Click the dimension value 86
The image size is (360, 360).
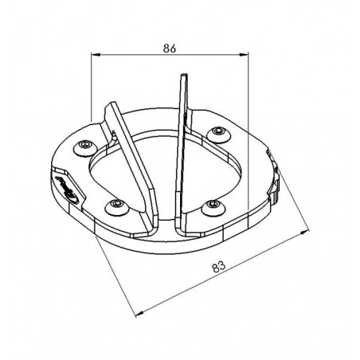(x=170, y=48)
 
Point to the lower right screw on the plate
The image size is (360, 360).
(x=212, y=205)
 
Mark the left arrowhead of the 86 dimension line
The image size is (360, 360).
(x=96, y=56)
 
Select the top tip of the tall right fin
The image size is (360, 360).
(x=184, y=76)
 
